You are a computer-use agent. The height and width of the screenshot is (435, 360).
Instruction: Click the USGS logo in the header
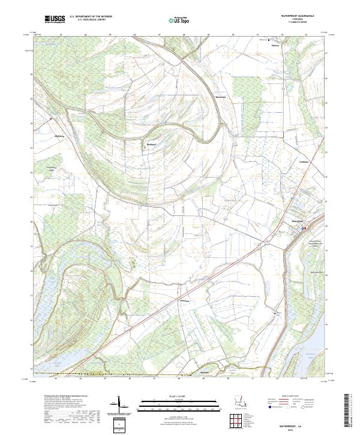[x=55, y=20]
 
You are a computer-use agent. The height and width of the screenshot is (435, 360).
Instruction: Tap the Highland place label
[x=59, y=136]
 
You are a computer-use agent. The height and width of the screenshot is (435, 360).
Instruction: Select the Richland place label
[x=152, y=144]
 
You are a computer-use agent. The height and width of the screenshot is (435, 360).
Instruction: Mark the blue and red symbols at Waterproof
[x=304, y=228]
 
